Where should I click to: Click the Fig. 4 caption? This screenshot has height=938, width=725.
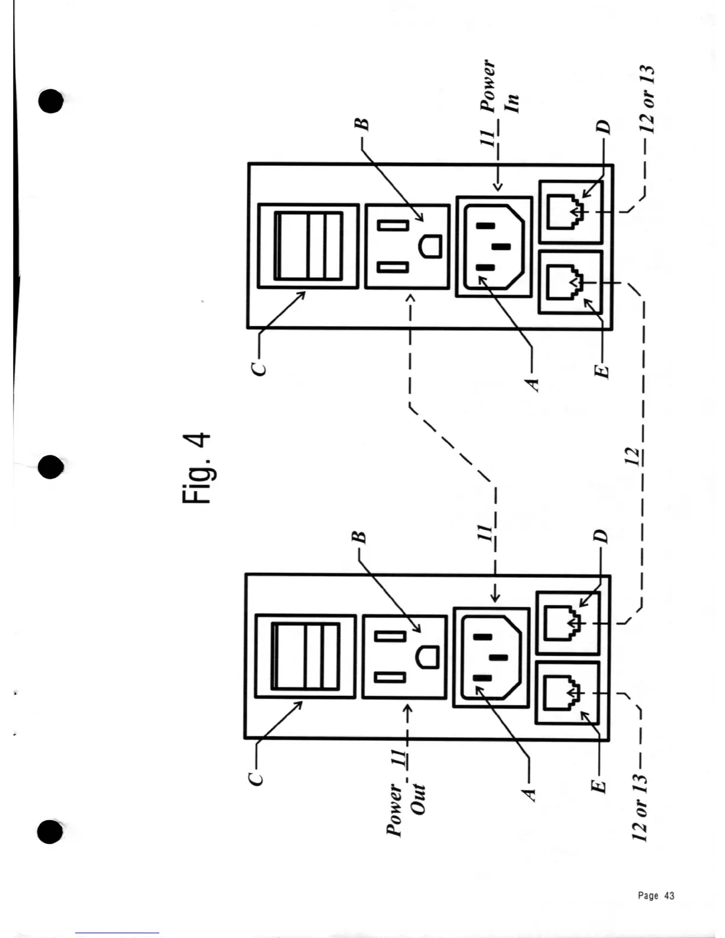click(x=196, y=468)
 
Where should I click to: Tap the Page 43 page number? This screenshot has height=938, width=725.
click(x=656, y=895)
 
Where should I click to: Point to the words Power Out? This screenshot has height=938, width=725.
click(x=406, y=809)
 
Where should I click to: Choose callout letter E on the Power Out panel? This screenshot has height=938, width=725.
click(x=599, y=786)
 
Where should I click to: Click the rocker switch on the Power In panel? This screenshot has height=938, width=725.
click(x=309, y=246)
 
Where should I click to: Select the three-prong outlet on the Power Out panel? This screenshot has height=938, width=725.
click(x=404, y=657)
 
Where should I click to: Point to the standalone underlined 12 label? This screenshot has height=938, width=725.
click(x=633, y=456)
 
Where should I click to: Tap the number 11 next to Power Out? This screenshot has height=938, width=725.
click(x=399, y=759)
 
